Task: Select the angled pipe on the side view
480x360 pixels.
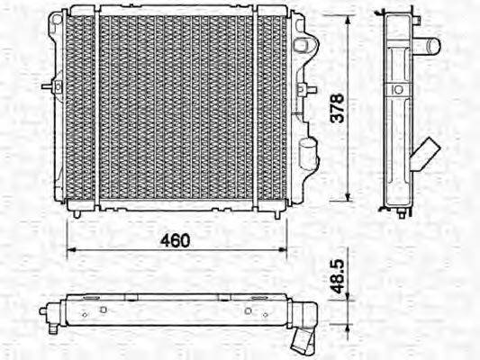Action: (425, 155)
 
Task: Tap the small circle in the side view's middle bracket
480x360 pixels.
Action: (396, 90)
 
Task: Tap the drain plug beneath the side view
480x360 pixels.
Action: (397, 213)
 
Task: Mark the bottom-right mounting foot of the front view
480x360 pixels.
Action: (274, 212)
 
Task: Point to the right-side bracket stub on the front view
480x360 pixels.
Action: (311, 89)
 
